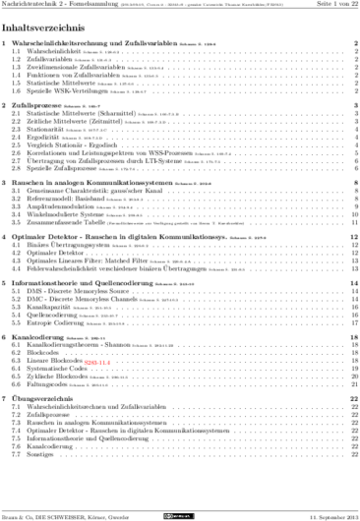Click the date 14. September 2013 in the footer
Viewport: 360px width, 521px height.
click(x=326, y=514)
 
